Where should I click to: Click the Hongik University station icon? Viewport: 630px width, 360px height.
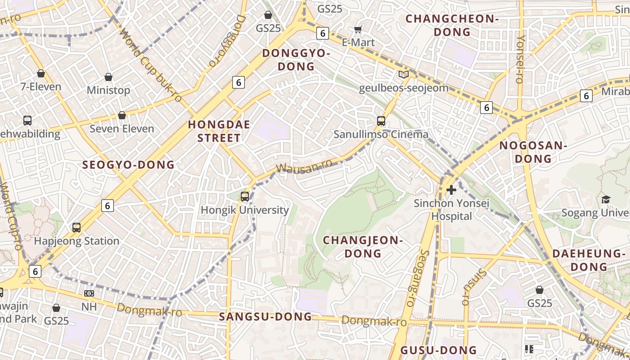click(245, 197)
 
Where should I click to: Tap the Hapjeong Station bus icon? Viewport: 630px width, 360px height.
click(76, 228)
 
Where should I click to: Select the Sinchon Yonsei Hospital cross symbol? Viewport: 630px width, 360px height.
click(451, 190)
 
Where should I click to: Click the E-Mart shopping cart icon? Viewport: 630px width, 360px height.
click(358, 30)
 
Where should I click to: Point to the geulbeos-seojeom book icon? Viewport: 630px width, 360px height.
click(404, 75)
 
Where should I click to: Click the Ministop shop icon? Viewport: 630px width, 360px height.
click(108, 77)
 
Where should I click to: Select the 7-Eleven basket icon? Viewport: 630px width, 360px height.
click(41, 73)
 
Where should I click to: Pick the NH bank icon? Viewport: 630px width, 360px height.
click(89, 293)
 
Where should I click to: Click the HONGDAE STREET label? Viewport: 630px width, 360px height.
click(219, 131)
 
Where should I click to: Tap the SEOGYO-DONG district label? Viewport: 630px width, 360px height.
click(128, 165)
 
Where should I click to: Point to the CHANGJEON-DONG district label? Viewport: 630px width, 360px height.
click(363, 247)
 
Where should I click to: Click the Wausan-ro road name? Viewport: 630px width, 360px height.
click(304, 166)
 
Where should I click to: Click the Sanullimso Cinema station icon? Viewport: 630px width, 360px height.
click(381, 121)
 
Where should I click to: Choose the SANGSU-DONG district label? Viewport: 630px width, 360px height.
click(265, 317)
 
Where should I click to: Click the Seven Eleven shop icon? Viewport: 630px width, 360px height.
click(121, 116)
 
